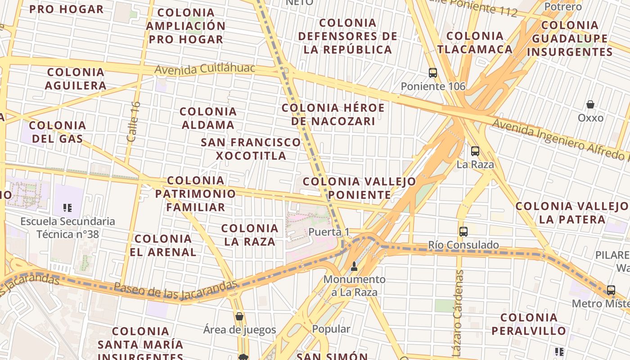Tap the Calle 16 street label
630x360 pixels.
[134, 121]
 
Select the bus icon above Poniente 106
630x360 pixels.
[433, 72]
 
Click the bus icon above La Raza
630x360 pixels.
[475, 151]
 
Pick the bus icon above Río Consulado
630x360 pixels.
[463, 232]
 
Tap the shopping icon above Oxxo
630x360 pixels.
[590, 105]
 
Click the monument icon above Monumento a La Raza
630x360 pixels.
[354, 266]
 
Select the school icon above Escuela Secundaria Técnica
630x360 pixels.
[67, 208]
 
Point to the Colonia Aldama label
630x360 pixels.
[208, 118]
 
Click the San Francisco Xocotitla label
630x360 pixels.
[251, 149]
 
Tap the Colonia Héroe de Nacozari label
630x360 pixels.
[333, 114]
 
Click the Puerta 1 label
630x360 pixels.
[329, 232]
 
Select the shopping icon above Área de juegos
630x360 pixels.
[239, 316]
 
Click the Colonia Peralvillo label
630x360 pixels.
[529, 324]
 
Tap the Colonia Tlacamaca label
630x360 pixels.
[475, 42]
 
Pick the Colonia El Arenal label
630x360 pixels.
[163, 245]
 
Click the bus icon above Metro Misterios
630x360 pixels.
[611, 290]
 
